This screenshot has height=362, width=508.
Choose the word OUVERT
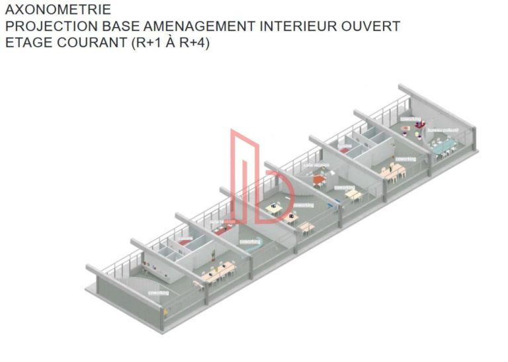(372, 26)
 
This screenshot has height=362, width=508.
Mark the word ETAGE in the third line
(27, 43)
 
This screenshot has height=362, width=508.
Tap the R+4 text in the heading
(193, 43)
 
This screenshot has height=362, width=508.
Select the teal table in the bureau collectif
(441, 145)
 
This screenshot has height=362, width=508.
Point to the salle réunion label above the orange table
(317, 165)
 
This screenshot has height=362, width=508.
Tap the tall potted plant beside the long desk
(212, 254)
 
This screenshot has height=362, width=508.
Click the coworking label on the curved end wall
(159, 293)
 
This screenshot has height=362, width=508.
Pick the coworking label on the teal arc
(249, 242)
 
